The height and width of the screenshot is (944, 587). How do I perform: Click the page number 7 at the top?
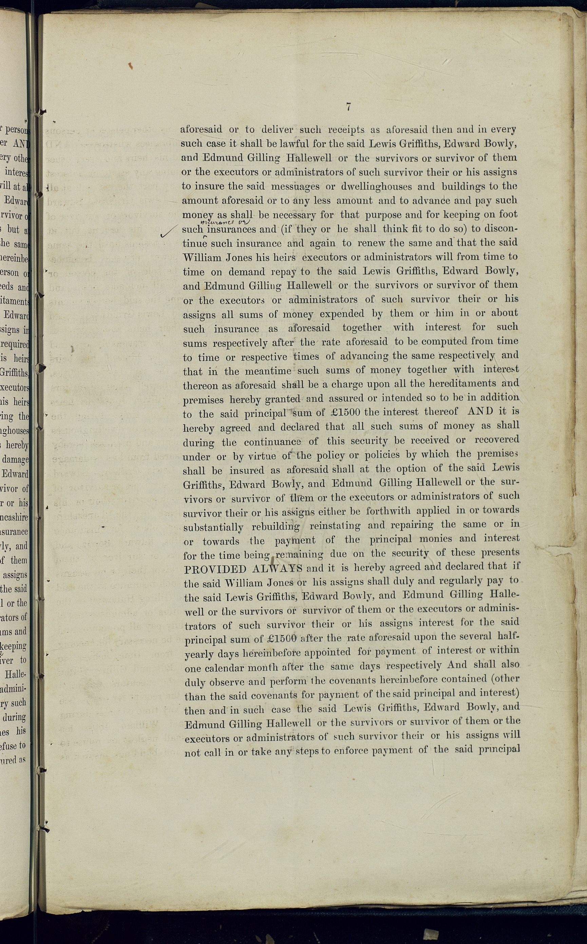click(x=348, y=106)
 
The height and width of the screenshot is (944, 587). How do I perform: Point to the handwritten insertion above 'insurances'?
click(x=224, y=222)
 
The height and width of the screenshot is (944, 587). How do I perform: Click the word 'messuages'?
click(x=295, y=186)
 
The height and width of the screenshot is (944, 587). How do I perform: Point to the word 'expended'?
click(x=341, y=314)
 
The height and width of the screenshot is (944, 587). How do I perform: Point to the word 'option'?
click(x=392, y=469)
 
